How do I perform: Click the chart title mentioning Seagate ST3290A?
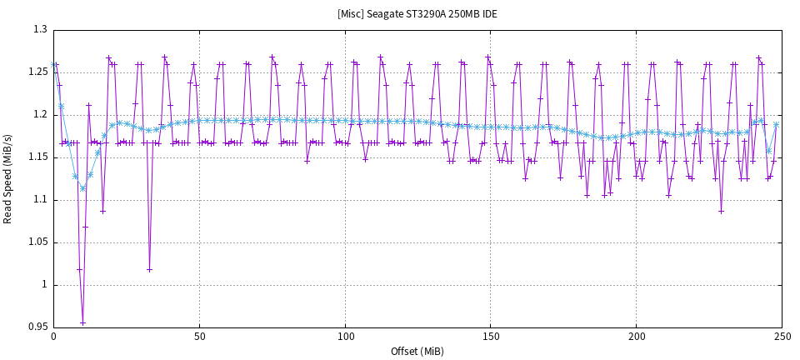(417, 14)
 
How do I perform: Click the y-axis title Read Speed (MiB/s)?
(8, 178)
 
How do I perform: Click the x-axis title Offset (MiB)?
(417, 351)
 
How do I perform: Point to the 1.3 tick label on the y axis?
(40, 29)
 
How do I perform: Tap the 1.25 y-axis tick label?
(37, 72)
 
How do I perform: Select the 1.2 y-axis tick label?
(40, 114)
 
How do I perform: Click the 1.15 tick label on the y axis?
(37, 157)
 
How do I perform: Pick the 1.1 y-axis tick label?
(40, 200)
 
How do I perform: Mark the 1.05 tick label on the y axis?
(37, 242)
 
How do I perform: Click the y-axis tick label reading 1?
(44, 285)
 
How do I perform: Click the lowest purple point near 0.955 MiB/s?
(82, 322)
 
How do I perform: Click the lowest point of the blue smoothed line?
(82, 188)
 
